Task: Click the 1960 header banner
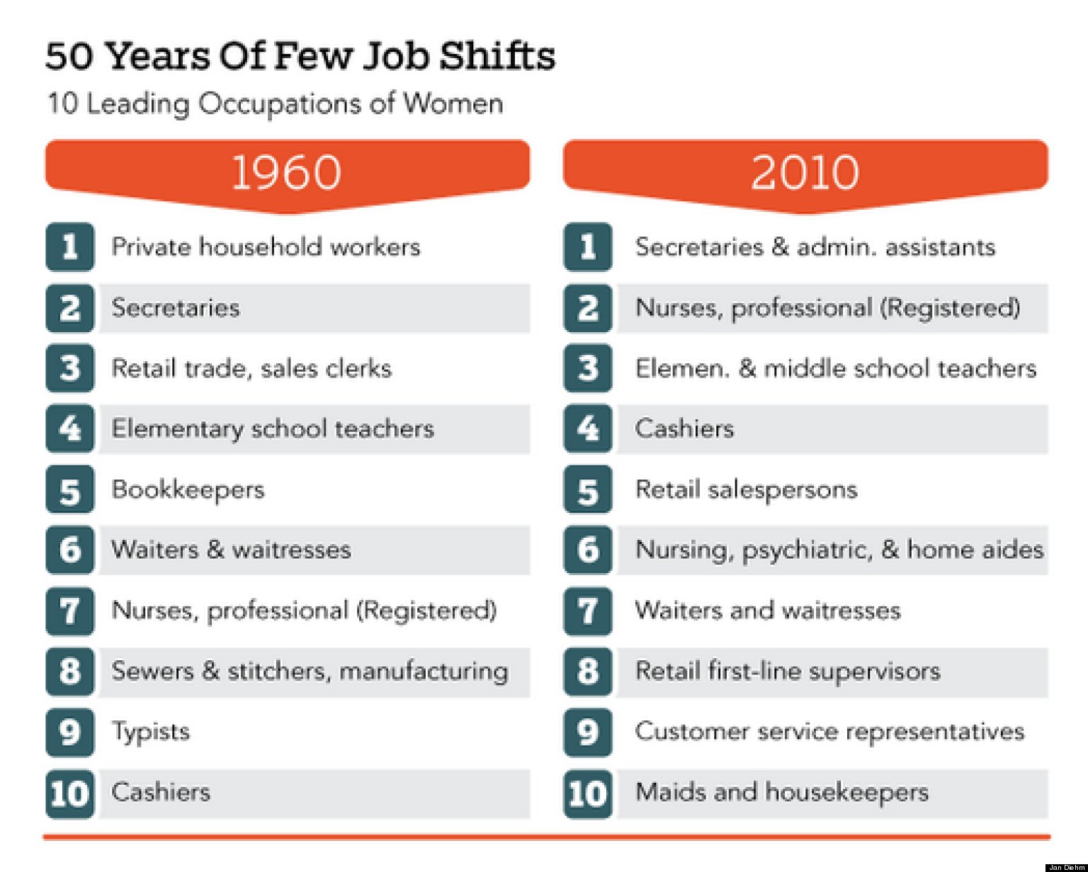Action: [287, 172]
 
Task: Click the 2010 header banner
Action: [805, 172]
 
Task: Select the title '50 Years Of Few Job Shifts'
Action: [300, 56]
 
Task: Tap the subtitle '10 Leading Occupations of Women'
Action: [275, 103]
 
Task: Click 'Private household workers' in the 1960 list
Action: [266, 247]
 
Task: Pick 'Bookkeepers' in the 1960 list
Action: [188, 489]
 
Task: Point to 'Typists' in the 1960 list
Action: [151, 732]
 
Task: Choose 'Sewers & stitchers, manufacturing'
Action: [310, 672]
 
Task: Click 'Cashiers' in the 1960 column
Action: [161, 792]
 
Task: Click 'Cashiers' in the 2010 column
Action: [684, 429]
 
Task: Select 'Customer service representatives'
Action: [829, 732]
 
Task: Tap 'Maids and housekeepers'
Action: [782, 792]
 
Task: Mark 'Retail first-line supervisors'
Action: [788, 672]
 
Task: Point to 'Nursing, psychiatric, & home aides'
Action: [839, 550]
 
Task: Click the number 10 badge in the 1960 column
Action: [69, 793]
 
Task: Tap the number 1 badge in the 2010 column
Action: [587, 247]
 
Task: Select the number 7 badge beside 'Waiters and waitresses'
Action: [587, 611]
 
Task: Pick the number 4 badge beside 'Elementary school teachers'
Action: [69, 429]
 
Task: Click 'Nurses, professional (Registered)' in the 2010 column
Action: [827, 308]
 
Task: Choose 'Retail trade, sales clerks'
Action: [251, 368]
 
